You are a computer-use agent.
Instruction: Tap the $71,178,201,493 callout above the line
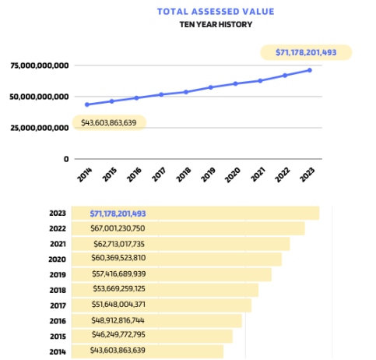pyautogui.click(x=307, y=53)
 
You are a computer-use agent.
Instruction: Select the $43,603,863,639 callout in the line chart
pyautogui.click(x=108, y=122)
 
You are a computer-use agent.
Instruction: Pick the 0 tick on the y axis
pyautogui.click(x=67, y=159)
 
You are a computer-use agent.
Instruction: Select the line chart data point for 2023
pyautogui.click(x=310, y=70)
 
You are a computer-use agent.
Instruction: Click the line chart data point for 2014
pyautogui.click(x=87, y=104)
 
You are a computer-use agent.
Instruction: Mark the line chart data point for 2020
pyautogui.click(x=235, y=83)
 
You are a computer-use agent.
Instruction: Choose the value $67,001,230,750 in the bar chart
pyautogui.click(x=118, y=228)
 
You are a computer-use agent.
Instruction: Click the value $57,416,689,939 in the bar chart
pyautogui.click(x=118, y=274)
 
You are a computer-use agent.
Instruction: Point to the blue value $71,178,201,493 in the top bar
pyautogui.click(x=118, y=213)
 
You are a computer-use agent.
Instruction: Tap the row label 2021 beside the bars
pyautogui.click(x=57, y=244)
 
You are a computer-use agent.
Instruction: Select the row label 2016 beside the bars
pyautogui.click(x=57, y=320)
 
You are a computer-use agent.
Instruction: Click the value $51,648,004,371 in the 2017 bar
pyautogui.click(x=118, y=305)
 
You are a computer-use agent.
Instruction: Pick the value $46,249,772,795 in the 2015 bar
pyautogui.click(x=118, y=336)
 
